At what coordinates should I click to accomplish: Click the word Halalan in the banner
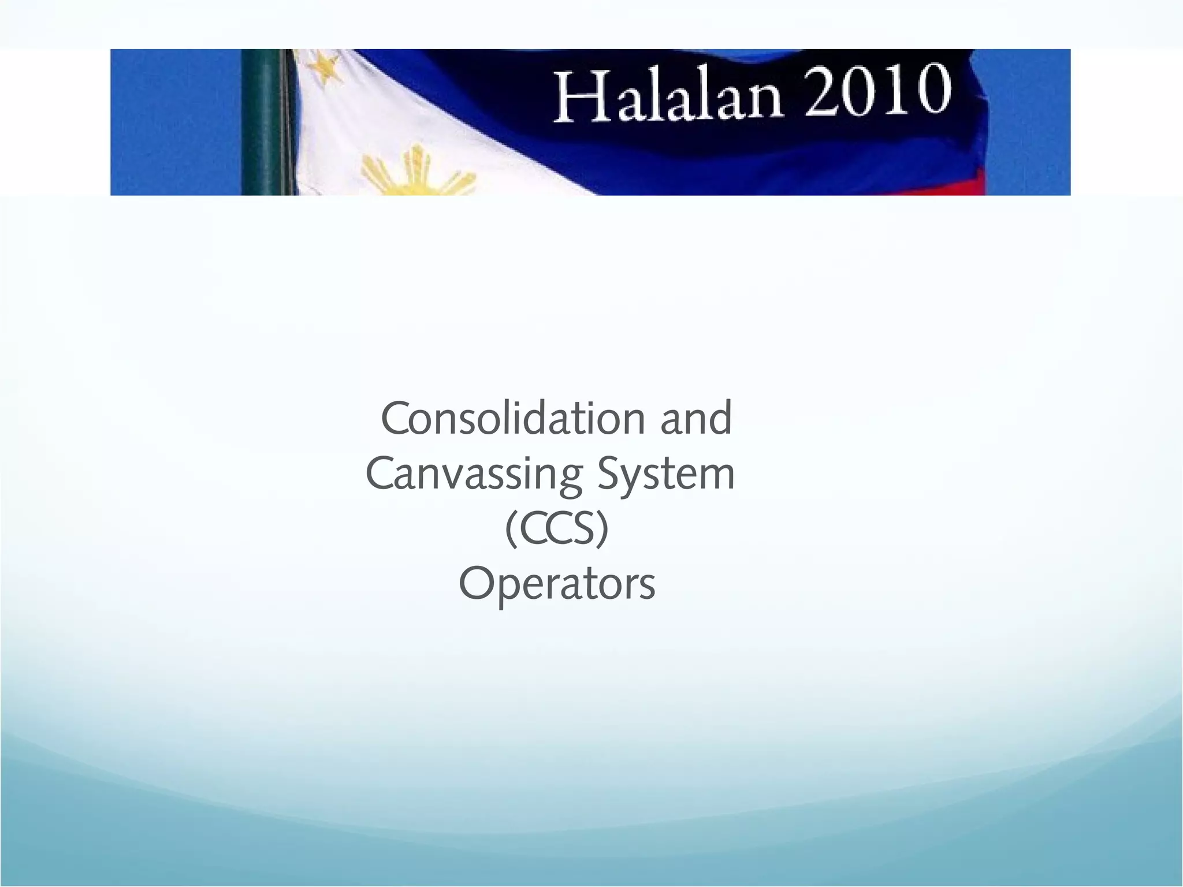point(668,96)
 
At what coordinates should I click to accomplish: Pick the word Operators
point(557,584)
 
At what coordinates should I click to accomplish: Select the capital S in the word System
point(610,474)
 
